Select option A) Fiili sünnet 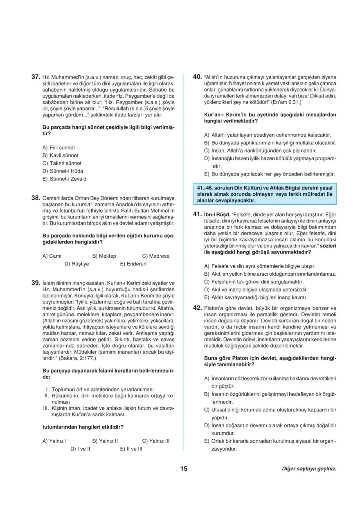(59, 148)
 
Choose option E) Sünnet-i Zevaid (64, 179)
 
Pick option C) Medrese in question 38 (155, 256)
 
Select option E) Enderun (133, 264)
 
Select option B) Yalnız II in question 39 (105, 441)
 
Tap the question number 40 (197, 77)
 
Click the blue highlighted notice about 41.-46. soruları (265, 194)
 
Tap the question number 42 (197, 308)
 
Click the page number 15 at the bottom (183, 469)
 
